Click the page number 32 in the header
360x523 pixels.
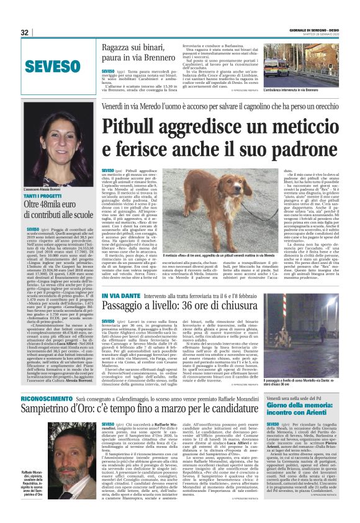click(24, 33)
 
